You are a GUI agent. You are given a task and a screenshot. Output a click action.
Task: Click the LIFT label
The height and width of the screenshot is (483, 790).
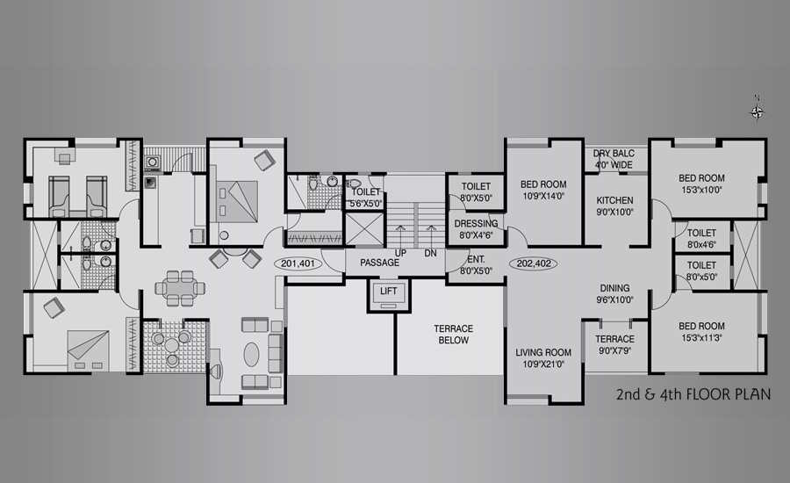[389, 291]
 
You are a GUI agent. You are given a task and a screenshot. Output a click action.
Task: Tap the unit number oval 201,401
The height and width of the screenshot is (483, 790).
[298, 263]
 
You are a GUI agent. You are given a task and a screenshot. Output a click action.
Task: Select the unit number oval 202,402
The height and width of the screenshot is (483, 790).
[533, 263]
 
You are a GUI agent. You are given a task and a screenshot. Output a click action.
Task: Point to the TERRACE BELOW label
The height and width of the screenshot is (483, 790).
[454, 335]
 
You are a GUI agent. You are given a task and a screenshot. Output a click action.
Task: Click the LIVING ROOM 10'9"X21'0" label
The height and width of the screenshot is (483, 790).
[543, 358]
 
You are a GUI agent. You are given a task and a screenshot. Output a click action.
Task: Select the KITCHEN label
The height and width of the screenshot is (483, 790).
[614, 200]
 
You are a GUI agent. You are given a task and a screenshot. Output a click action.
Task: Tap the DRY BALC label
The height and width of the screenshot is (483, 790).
[614, 154]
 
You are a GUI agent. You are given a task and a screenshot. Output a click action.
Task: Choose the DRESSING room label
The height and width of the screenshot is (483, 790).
[476, 223]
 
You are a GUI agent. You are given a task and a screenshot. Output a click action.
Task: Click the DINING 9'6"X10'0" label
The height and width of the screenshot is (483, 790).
[614, 293]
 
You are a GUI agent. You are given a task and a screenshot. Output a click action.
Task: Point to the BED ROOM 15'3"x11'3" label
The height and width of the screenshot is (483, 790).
[702, 332]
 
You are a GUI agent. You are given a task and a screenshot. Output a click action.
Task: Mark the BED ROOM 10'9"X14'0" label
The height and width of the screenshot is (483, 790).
[543, 190]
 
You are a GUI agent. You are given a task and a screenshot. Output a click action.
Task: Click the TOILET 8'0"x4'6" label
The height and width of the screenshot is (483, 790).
[701, 239]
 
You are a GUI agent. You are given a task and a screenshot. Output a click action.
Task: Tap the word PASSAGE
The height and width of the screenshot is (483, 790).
[379, 263]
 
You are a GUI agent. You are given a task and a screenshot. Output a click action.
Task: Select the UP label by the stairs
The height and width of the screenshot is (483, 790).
[400, 253]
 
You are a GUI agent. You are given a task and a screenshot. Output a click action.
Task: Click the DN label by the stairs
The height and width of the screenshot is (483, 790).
[430, 253]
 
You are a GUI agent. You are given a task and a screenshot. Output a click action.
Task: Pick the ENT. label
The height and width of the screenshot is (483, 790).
[476, 260]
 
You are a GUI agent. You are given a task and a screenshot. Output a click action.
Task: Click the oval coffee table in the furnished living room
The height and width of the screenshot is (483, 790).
[251, 354]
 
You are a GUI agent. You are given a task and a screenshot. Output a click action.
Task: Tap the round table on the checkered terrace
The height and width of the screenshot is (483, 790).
[172, 345]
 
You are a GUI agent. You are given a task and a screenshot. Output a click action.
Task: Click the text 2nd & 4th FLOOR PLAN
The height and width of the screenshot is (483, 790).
[693, 393]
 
